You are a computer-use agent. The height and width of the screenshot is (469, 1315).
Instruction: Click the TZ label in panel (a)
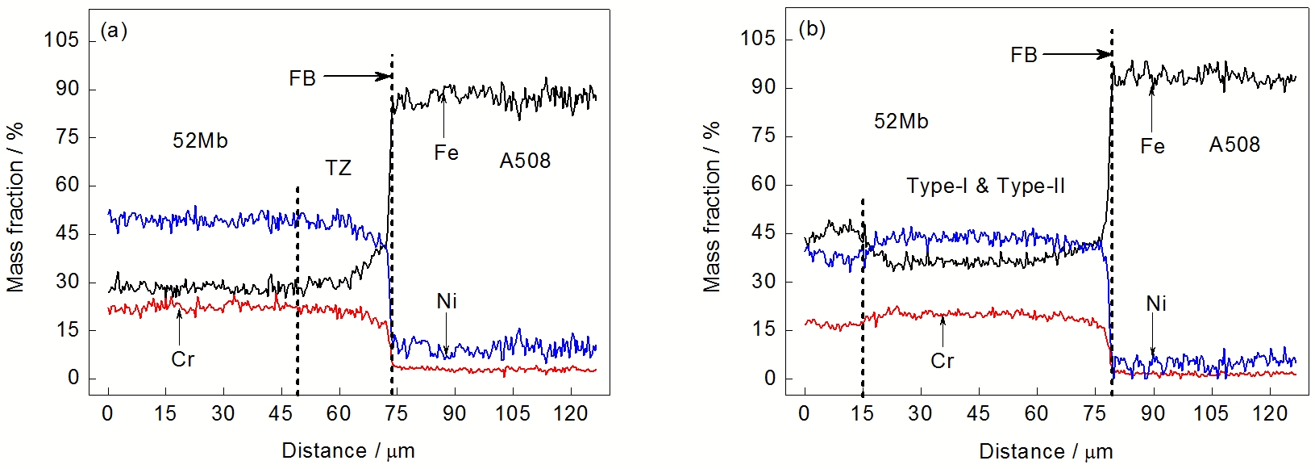339,168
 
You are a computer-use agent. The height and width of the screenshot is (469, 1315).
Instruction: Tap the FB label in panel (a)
302,78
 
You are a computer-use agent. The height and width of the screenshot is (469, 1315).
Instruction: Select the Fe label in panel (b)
1152,146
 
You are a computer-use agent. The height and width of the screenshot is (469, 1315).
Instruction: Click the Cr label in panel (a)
183,359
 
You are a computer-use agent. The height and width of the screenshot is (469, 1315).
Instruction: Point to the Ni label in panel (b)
1156,304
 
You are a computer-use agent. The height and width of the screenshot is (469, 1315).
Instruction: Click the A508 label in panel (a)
525,161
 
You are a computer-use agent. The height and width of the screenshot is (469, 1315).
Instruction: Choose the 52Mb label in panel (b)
901,121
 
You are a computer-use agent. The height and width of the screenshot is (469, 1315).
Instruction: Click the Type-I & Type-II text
985,186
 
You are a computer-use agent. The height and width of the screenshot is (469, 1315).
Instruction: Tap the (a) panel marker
114,31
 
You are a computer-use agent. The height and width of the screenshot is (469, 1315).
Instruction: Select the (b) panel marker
812,29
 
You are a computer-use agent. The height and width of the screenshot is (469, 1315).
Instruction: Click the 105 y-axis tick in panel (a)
61,40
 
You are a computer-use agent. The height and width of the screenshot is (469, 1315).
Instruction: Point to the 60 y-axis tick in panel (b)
764,184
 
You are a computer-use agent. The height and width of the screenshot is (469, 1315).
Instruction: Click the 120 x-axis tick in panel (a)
570,414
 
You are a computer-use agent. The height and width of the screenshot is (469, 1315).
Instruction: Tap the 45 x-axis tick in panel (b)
978,414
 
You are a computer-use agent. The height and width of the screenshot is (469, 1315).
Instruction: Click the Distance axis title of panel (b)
1046,451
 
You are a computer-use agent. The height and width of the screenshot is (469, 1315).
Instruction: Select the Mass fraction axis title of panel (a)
15,207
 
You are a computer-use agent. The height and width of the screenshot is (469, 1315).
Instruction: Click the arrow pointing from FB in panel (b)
1077,55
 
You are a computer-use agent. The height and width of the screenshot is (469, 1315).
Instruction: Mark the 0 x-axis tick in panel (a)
108,414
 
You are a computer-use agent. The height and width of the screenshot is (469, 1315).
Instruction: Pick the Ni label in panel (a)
447,301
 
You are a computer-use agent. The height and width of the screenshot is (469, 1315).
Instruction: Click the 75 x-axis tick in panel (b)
1094,414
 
